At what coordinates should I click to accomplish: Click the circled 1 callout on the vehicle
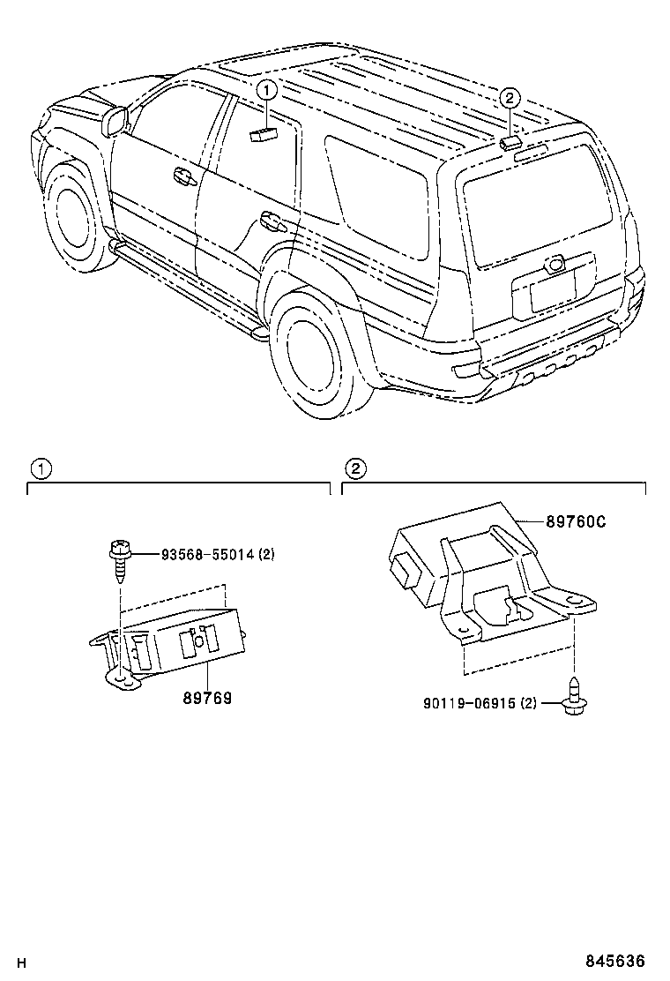tap(268, 89)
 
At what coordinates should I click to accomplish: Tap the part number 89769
tap(207, 698)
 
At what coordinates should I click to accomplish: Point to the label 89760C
tap(576, 521)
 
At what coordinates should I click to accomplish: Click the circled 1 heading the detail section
tap(41, 468)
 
